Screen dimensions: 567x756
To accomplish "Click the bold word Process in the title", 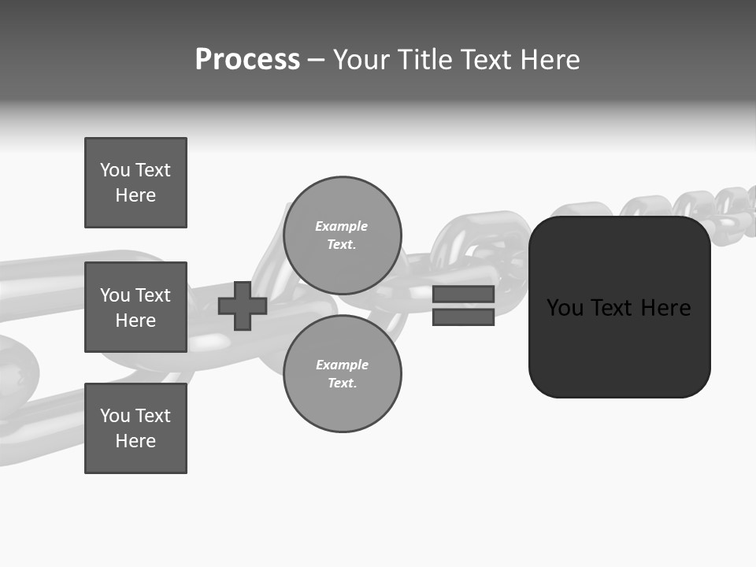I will (x=247, y=60).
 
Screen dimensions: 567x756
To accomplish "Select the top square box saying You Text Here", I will (x=135, y=183).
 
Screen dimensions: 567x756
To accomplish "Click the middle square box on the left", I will (x=135, y=307).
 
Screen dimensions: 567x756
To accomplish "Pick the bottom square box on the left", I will (x=135, y=428).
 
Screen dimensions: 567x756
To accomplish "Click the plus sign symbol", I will (x=243, y=306).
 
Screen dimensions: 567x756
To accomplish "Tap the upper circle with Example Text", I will (x=342, y=235).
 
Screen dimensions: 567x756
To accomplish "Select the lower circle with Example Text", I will (x=342, y=373).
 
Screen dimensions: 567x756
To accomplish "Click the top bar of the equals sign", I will (x=463, y=294).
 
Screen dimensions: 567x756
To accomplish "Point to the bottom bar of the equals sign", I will (x=463, y=317).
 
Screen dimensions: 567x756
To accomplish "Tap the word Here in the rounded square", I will (x=665, y=308).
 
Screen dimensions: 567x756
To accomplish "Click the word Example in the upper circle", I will (x=341, y=226).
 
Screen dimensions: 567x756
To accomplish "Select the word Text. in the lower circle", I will (x=342, y=384).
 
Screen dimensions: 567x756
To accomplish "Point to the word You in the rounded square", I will (x=565, y=308).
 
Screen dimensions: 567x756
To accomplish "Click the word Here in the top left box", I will (x=135, y=195).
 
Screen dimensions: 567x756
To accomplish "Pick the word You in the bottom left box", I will (x=115, y=416).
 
